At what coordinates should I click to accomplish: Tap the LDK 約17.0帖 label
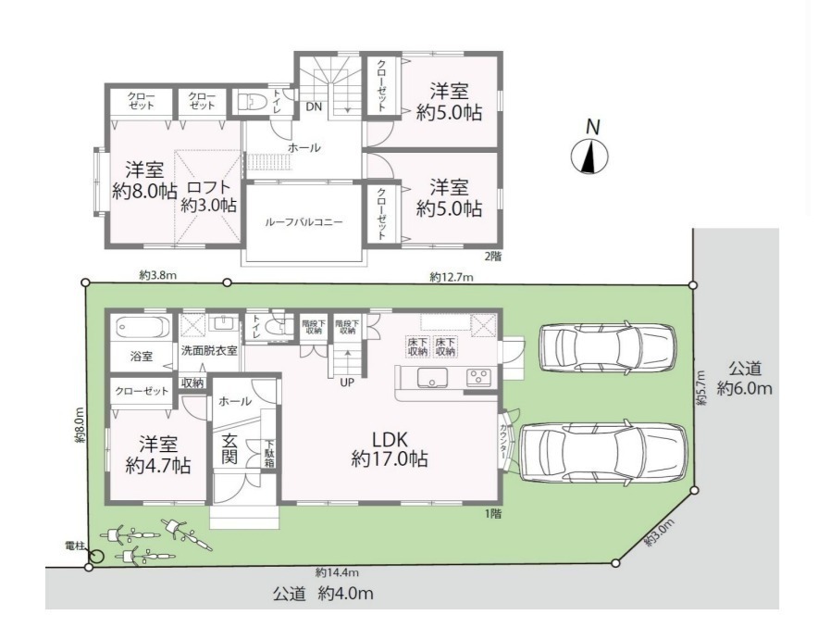point(390,448)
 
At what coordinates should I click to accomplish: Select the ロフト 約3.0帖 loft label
point(209,195)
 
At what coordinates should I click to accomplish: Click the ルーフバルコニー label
point(304,222)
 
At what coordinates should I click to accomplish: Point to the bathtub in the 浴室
point(143,328)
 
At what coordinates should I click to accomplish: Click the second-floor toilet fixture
point(252,101)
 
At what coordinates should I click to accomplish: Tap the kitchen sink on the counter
point(432,377)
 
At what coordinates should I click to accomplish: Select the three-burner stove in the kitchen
point(477,377)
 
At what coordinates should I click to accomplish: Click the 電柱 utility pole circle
point(96,557)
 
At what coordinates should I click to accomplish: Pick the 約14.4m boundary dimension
point(337,572)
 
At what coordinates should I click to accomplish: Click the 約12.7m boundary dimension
point(452,277)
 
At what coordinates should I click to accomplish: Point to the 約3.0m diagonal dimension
point(660,533)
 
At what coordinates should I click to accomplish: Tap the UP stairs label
point(347,383)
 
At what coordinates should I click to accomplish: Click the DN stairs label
point(314,107)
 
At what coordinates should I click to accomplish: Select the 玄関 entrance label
point(229,448)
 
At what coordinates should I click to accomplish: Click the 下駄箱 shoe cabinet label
point(269,453)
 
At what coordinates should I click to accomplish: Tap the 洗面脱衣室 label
point(209,350)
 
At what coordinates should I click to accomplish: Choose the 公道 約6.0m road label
point(745,379)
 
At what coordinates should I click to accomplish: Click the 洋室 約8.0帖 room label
point(144,181)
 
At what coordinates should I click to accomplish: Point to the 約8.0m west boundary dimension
point(80,425)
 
